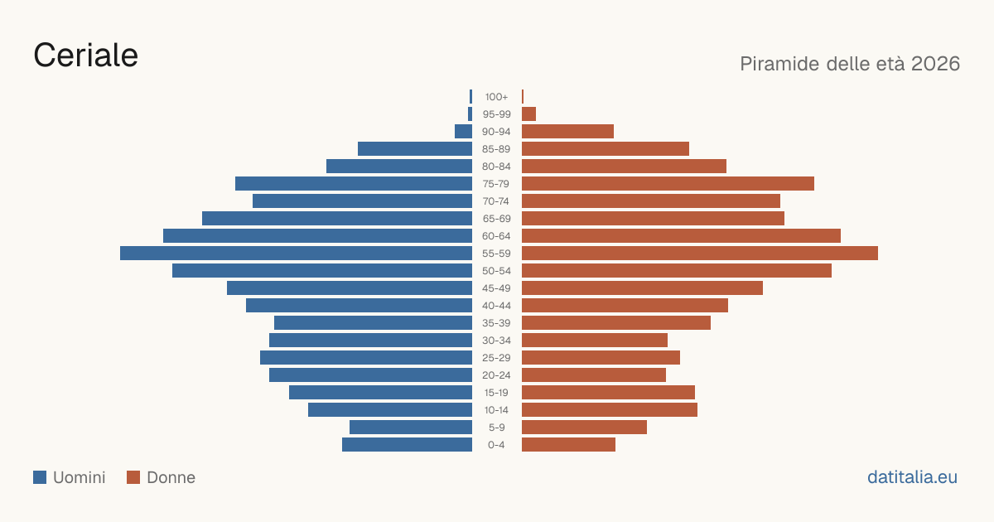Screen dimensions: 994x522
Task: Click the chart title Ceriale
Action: click(x=85, y=56)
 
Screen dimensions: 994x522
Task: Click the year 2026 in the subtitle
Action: click(x=935, y=64)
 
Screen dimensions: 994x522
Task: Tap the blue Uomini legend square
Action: click(x=40, y=477)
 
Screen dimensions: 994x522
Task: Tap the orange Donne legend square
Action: click(x=133, y=477)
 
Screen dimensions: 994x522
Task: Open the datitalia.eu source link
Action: click(x=912, y=477)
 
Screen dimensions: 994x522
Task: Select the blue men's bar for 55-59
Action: click(x=296, y=253)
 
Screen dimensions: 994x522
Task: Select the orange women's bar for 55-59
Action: click(x=700, y=253)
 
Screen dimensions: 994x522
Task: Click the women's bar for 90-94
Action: click(x=567, y=132)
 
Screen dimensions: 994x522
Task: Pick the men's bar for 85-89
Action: click(x=415, y=148)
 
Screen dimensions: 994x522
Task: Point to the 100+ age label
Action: click(x=496, y=97)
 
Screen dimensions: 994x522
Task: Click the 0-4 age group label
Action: click(x=496, y=445)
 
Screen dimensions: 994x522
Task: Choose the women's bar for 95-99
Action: click(x=529, y=114)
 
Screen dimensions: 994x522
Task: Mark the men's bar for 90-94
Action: click(x=463, y=132)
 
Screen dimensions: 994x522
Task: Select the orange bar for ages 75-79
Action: click(x=668, y=183)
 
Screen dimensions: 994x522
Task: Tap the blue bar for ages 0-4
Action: click(x=407, y=445)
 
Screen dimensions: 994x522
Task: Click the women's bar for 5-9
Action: click(x=585, y=427)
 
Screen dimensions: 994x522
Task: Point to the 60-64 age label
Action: click(x=496, y=236)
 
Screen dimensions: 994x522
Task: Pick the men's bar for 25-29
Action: click(x=366, y=358)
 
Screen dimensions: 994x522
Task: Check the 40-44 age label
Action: click(x=496, y=306)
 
